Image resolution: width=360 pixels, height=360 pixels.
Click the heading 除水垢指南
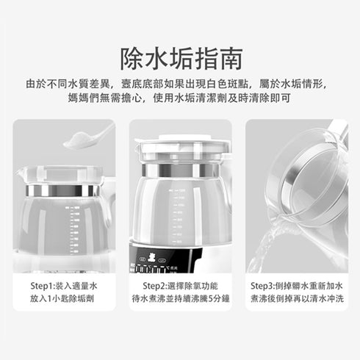(181, 59)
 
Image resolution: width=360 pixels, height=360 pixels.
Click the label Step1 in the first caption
(41, 286)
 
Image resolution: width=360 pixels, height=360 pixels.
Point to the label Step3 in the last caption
(262, 286)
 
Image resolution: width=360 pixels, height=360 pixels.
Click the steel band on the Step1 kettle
(63, 190)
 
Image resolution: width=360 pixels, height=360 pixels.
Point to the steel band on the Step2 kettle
(180, 170)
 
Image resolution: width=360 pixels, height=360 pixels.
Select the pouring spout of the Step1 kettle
(20, 171)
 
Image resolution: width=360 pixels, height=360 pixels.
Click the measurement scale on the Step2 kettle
(178, 216)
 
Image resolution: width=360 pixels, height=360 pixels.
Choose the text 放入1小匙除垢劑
(62, 299)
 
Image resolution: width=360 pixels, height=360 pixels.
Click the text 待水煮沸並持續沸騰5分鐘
(181, 299)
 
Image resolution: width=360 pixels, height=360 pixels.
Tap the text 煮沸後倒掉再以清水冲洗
(297, 299)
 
